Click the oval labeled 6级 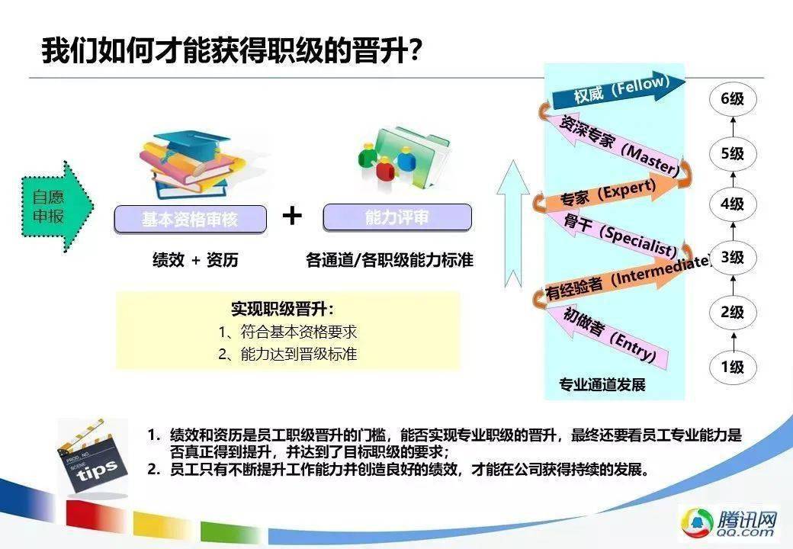tap(732, 98)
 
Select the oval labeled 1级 tap(732, 367)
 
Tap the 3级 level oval tap(732, 258)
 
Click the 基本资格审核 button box tap(190, 220)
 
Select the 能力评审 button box tap(397, 217)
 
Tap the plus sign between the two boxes tap(292, 216)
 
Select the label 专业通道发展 tap(602, 385)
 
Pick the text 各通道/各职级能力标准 tap(390, 260)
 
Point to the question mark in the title tap(415, 51)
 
